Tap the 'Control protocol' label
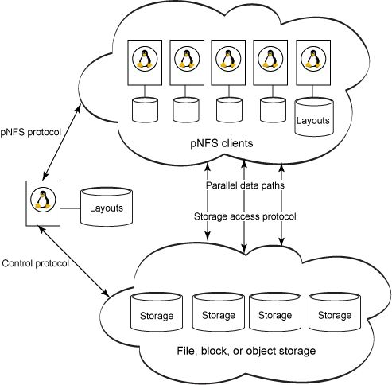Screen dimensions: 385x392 pos(35,262)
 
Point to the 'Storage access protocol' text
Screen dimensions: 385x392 pos(243,216)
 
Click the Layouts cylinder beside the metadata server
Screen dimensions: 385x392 pos(106,208)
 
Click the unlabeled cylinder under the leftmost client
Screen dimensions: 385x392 pos(145,111)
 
